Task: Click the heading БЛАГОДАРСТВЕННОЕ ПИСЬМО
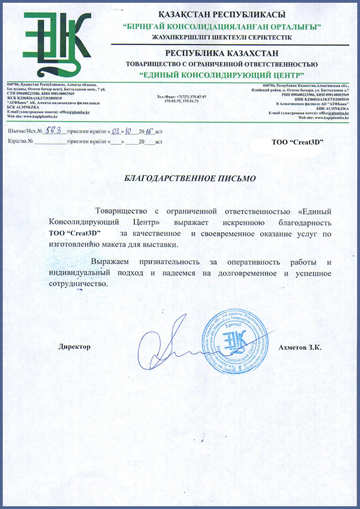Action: coord(189,179)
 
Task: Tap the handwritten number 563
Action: coord(56,131)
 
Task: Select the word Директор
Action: coord(74,347)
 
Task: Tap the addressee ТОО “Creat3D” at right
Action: coord(298,142)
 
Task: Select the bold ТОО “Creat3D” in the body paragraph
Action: coord(71,233)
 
